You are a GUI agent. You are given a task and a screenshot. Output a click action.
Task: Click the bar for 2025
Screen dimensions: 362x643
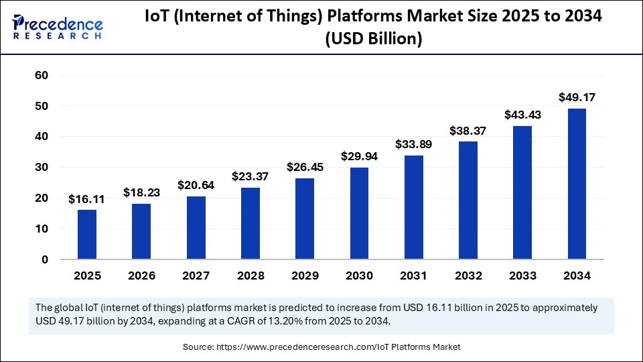pyautogui.click(x=87, y=234)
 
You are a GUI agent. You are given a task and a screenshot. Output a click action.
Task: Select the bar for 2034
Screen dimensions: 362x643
pyautogui.click(x=577, y=184)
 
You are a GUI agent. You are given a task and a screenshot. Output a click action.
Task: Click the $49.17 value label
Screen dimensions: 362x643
pyautogui.click(x=577, y=98)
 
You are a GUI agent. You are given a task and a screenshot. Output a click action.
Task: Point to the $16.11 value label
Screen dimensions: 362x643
pyautogui.click(x=87, y=199)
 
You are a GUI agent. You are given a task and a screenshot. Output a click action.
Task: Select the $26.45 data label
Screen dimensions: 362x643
pyautogui.click(x=305, y=167)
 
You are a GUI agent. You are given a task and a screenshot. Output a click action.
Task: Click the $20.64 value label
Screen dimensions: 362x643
pyautogui.click(x=196, y=185)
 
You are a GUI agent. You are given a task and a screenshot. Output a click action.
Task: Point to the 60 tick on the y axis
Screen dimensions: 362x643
pyautogui.click(x=42, y=76)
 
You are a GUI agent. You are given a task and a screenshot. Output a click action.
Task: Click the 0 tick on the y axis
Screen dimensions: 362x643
pyautogui.click(x=44, y=259)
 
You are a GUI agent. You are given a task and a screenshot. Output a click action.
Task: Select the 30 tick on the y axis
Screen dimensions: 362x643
pyautogui.click(x=42, y=168)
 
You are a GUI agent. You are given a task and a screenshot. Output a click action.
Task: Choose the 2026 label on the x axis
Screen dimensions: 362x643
pyautogui.click(x=141, y=276)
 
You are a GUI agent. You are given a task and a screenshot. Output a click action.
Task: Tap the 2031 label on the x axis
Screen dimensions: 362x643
pyautogui.click(x=413, y=276)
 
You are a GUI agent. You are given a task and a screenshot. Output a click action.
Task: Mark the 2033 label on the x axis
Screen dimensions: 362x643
pyautogui.click(x=522, y=276)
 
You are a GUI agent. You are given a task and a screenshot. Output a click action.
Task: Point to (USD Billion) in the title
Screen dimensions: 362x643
pyautogui.click(x=373, y=40)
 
